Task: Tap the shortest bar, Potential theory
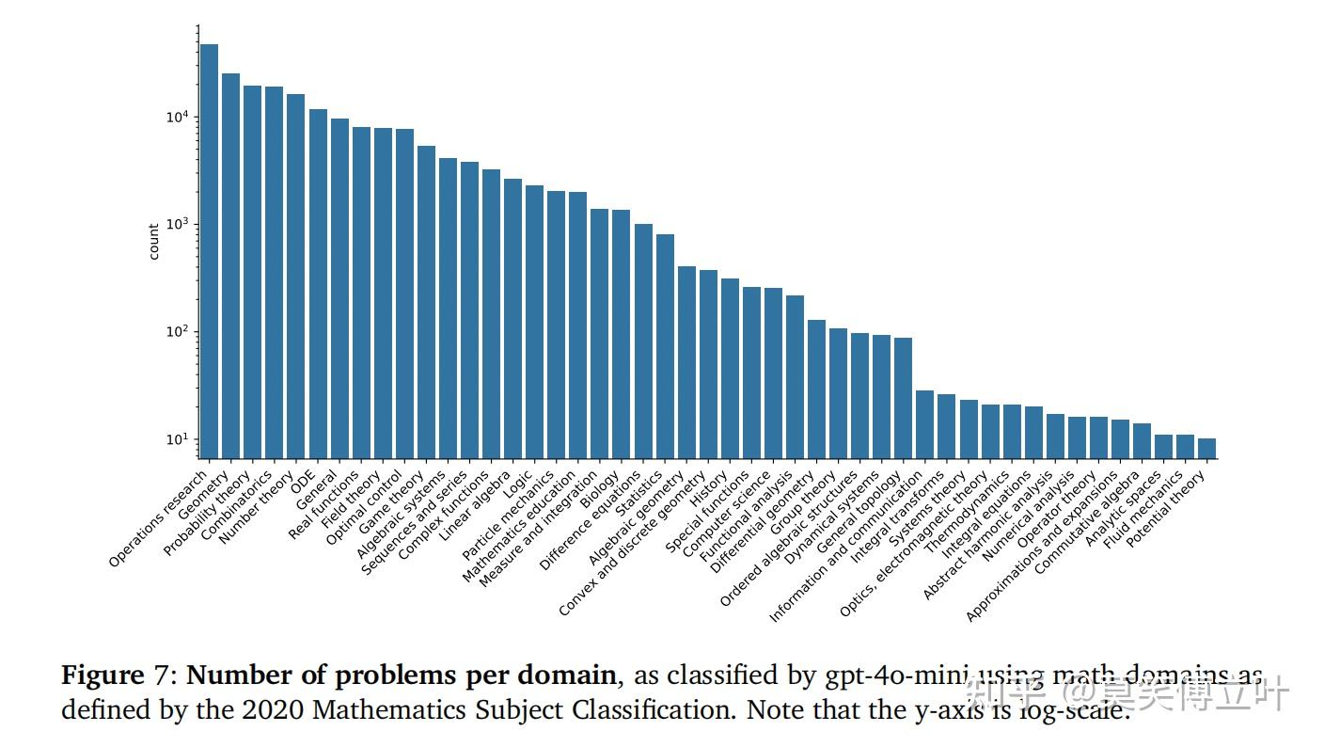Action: [1206, 449]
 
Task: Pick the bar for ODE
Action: [318, 283]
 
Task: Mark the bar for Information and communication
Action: [924, 424]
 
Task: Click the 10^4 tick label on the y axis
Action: [177, 117]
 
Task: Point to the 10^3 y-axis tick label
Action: [177, 224]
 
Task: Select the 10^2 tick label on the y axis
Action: [177, 332]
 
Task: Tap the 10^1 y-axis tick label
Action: [177, 439]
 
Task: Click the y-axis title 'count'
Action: [154, 242]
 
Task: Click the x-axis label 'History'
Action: [711, 488]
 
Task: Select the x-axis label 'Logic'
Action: [518, 485]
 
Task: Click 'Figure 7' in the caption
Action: [117, 675]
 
